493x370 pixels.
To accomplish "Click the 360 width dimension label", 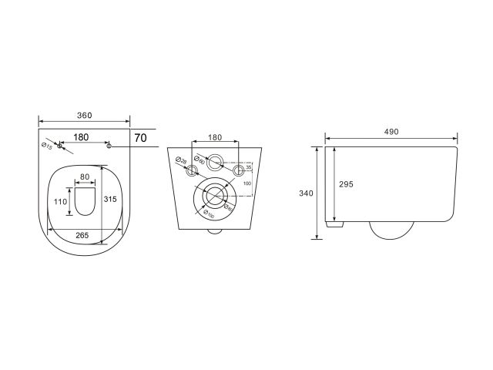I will (x=84, y=116).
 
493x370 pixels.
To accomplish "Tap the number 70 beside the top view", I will (x=141, y=139).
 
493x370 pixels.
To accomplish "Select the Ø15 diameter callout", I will (x=47, y=145).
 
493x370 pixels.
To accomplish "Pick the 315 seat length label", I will (x=109, y=200).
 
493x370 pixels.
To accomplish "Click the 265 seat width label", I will (x=84, y=235).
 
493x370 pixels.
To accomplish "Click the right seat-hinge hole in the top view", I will (x=109, y=145).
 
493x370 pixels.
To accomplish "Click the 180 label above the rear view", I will (x=216, y=137).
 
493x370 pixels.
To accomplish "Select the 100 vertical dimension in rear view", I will (x=246, y=183).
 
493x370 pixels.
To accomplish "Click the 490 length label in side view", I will (x=391, y=132).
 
